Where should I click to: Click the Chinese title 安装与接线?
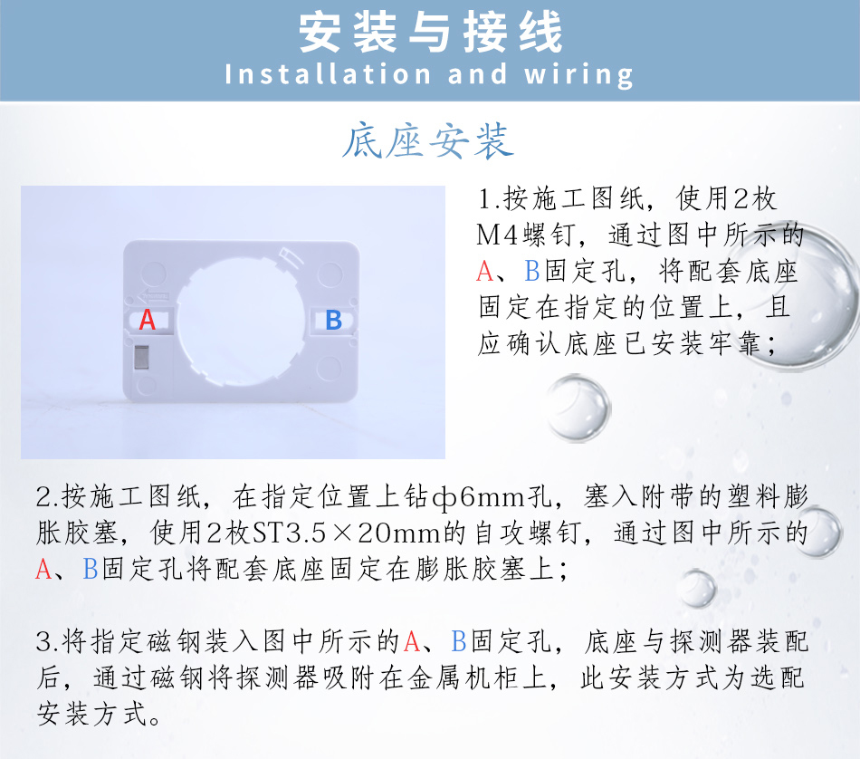pyautogui.click(x=431, y=33)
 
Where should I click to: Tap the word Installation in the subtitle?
pyautogui.click(x=328, y=74)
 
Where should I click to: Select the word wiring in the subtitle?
pyautogui.click(x=579, y=75)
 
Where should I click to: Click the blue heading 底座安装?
pyautogui.click(x=428, y=141)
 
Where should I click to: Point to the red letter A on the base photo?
pyautogui.click(x=147, y=320)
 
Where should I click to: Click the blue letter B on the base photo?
pyautogui.click(x=333, y=320)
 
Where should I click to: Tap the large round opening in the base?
pyautogui.click(x=241, y=320)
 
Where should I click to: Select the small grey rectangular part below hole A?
pyautogui.click(x=141, y=357)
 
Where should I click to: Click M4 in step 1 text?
pyautogui.click(x=497, y=235)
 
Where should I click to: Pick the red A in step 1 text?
pyautogui.click(x=485, y=271)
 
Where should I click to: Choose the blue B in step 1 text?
pyautogui.click(x=532, y=271)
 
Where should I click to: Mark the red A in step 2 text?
pyautogui.click(x=43, y=569)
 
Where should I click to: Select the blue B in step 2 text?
pyautogui.click(x=90, y=569)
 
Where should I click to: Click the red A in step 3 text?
pyautogui.click(x=412, y=641)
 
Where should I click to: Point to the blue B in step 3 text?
pyautogui.click(x=459, y=641)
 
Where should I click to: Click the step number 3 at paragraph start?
pyautogui.click(x=43, y=642)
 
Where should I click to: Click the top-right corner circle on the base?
pyautogui.click(x=330, y=274)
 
